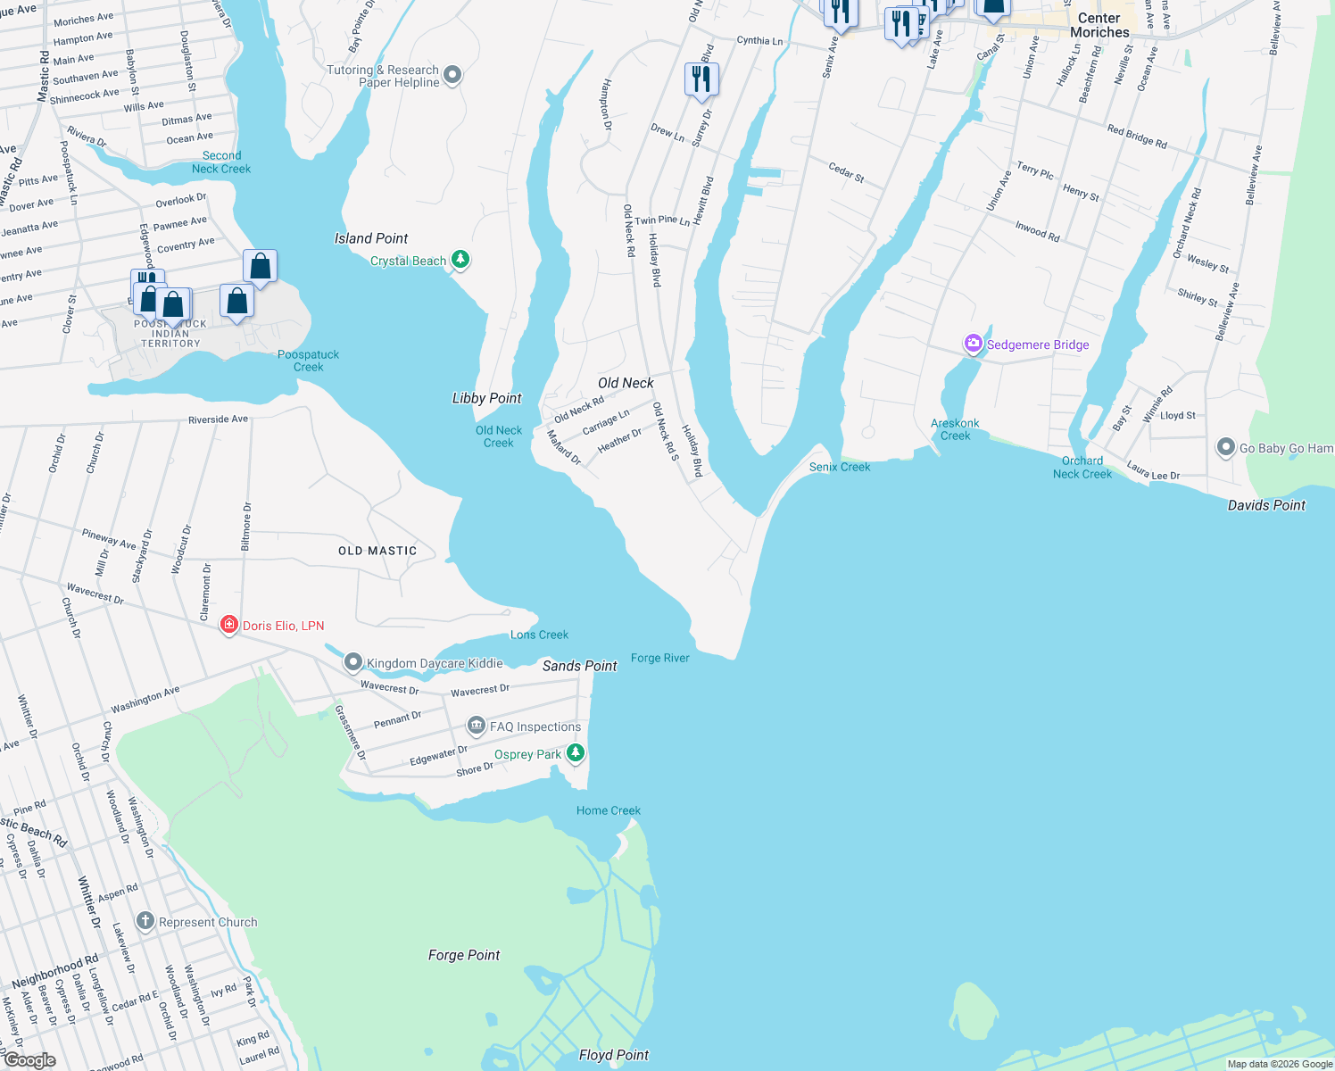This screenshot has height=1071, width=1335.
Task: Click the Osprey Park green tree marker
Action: [x=576, y=753]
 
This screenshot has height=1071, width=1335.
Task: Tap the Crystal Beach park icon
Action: [x=460, y=260]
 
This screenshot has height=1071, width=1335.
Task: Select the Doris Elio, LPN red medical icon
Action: [x=229, y=625]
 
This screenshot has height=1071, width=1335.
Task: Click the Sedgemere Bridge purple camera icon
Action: [x=973, y=344]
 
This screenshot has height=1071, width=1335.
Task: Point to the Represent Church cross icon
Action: [x=145, y=921]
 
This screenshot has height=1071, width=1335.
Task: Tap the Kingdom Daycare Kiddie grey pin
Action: [x=353, y=662]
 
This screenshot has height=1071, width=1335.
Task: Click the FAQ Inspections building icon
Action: [x=477, y=726]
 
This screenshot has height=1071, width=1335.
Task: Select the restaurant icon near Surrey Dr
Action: [x=701, y=79]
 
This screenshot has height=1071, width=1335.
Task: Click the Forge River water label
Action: [x=659, y=658]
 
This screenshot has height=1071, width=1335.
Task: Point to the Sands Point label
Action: [x=579, y=666]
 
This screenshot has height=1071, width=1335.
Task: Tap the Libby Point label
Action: [x=486, y=398]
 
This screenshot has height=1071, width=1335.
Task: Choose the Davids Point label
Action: [x=1265, y=505]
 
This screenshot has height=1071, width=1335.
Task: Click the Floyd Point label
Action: [x=613, y=1055]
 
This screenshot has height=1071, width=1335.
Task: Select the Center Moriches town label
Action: [x=1099, y=25]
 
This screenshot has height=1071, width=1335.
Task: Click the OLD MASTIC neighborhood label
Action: [x=377, y=551]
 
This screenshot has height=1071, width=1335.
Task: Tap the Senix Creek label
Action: [x=839, y=467]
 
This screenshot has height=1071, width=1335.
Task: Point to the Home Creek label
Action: [x=608, y=810]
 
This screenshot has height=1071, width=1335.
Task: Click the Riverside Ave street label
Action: [x=218, y=419]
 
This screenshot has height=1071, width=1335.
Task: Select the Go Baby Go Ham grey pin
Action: [x=1226, y=447]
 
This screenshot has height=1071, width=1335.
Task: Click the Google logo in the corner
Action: [x=29, y=1060]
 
